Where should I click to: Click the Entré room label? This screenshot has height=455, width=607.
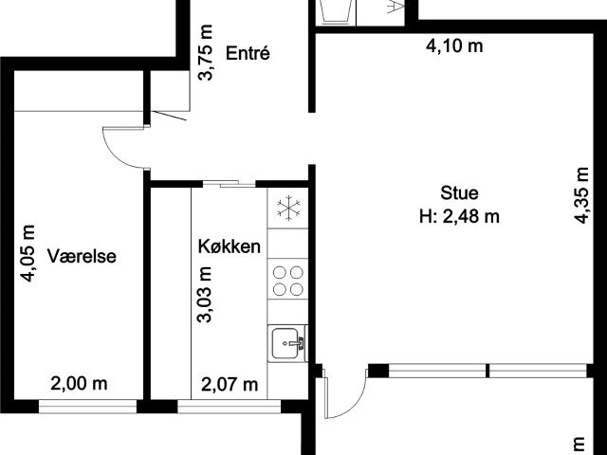coord(248,53)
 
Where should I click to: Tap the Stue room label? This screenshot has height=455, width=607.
coord(459,194)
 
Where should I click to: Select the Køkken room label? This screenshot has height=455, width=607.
coord(229,246)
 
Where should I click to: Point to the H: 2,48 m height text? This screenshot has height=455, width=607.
coord(459,216)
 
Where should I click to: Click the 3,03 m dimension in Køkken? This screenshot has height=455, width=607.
coord(205,295)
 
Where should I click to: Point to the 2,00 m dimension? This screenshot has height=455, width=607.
coord(79,384)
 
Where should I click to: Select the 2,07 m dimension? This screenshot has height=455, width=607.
coord(230,384)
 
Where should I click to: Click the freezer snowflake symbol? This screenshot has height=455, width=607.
coord(286,208)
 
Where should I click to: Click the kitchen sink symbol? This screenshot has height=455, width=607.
coord(286,342)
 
